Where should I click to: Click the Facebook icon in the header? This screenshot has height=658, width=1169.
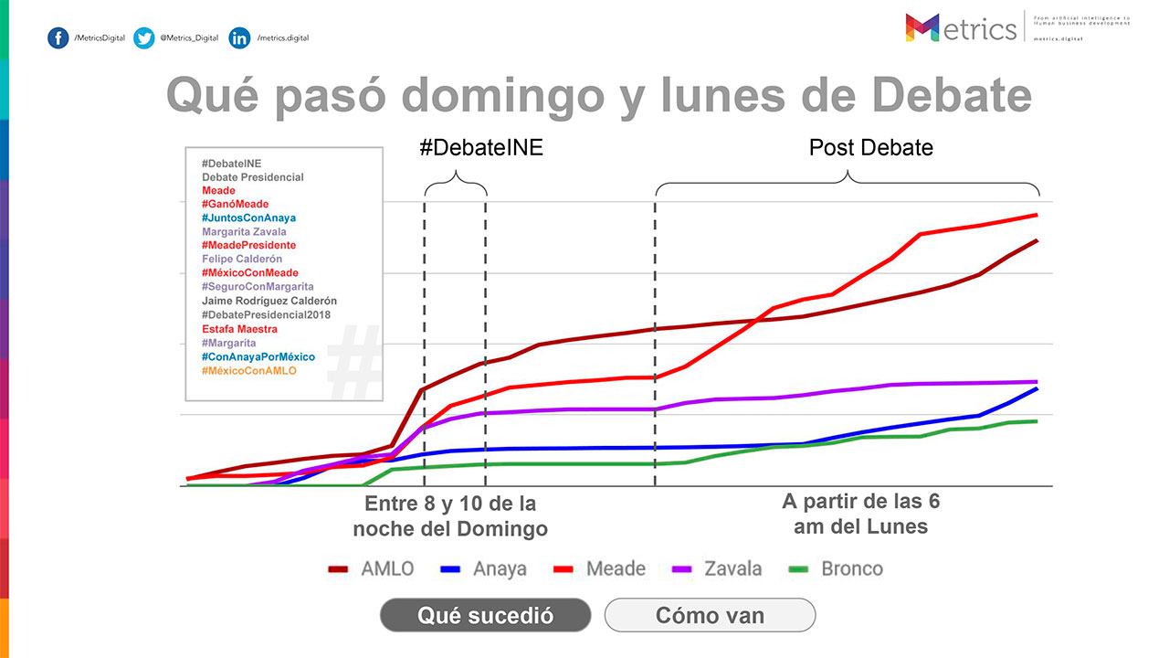pos(58,37)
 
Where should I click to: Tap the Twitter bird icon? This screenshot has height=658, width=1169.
pos(143,37)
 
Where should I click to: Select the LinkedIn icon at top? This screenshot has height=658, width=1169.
pos(239,37)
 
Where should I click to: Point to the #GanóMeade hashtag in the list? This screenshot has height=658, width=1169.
pos(236,204)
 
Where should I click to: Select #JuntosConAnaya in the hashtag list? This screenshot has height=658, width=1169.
pos(248,218)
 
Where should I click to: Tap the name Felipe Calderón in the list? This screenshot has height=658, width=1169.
pos(242,260)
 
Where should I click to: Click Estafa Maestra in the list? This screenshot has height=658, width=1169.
pos(240,329)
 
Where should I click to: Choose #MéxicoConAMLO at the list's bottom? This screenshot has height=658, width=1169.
pos(249,370)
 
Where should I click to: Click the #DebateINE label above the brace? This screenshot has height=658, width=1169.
pos(481,147)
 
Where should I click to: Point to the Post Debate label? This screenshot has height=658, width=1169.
pos(871,147)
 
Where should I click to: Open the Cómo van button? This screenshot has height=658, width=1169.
pos(710,615)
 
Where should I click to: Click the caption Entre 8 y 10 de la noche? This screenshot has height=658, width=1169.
pos(450,516)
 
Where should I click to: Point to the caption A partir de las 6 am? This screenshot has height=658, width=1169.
pos(860,514)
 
